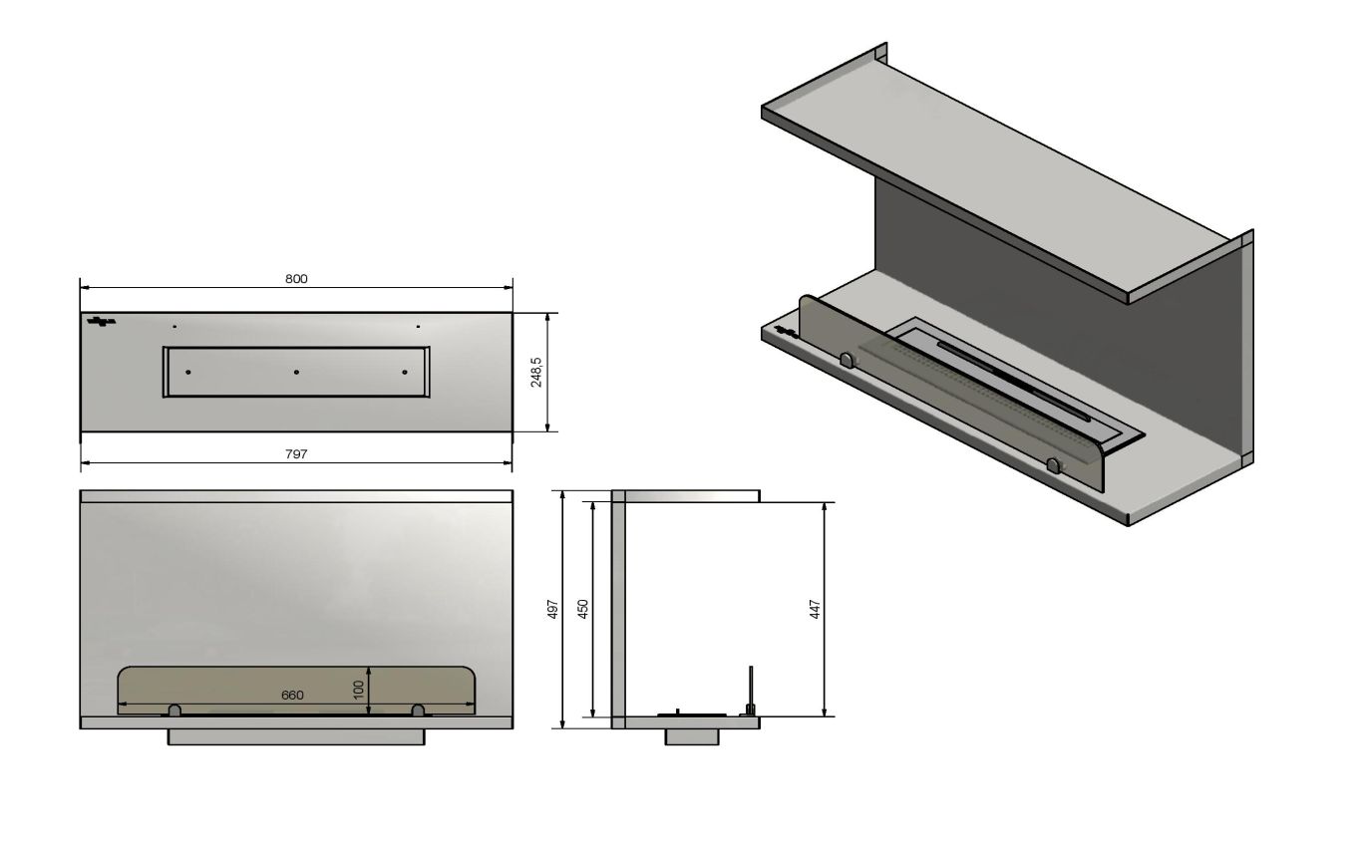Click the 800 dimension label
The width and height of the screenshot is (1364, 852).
296,279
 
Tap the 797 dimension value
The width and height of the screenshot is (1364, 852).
296,454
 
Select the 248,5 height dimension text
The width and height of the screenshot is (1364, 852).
536,372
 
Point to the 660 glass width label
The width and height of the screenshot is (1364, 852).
292,695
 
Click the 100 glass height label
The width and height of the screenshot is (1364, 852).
359,689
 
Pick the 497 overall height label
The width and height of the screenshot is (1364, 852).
553,609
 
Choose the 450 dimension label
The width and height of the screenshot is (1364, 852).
583,609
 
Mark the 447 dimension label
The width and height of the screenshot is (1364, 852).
816,609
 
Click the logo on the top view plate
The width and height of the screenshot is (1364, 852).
101,321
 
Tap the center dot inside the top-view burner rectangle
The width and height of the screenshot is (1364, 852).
296,372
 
